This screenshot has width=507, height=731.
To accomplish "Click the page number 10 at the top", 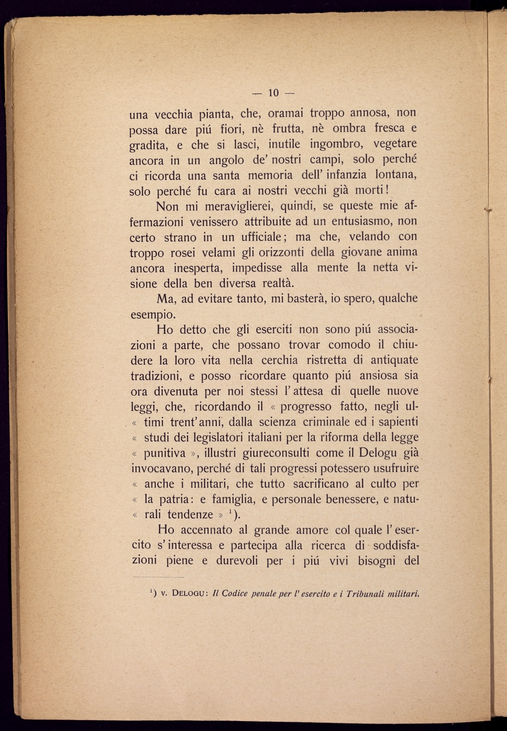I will tap(273, 93).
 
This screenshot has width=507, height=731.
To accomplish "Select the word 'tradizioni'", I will tap(156, 376).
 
